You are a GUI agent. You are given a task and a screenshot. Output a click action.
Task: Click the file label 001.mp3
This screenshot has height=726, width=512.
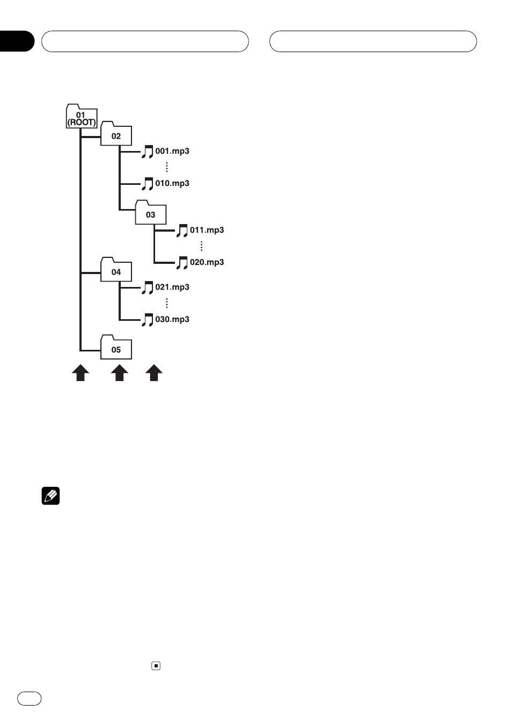point(172,151)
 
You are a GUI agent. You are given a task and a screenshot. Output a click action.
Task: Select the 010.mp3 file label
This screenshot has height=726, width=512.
point(172,183)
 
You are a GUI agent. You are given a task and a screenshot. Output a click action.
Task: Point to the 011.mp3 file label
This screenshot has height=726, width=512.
point(207,230)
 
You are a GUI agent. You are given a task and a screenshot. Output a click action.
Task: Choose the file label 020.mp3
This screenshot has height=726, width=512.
point(207,262)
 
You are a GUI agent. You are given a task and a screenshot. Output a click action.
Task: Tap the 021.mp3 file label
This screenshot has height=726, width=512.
point(172,287)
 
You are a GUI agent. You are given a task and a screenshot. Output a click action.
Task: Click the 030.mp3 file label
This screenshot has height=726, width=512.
point(172,319)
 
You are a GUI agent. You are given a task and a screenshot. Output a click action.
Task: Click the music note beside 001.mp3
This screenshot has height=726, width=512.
point(147,152)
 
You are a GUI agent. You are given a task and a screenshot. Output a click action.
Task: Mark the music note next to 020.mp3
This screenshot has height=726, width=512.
point(182,263)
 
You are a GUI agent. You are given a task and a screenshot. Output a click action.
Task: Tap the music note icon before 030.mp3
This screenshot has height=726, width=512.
point(147,320)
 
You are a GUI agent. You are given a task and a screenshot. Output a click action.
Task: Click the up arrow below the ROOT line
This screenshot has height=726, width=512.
point(81,372)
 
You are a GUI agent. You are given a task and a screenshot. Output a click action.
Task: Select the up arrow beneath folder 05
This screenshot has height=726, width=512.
point(120,372)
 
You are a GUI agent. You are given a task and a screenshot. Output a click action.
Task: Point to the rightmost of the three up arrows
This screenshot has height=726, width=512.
point(154,372)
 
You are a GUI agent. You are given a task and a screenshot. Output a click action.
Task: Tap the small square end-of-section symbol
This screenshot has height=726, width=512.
point(156,666)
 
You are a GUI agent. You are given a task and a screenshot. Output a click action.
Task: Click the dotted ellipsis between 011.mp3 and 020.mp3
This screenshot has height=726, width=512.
point(201,246)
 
